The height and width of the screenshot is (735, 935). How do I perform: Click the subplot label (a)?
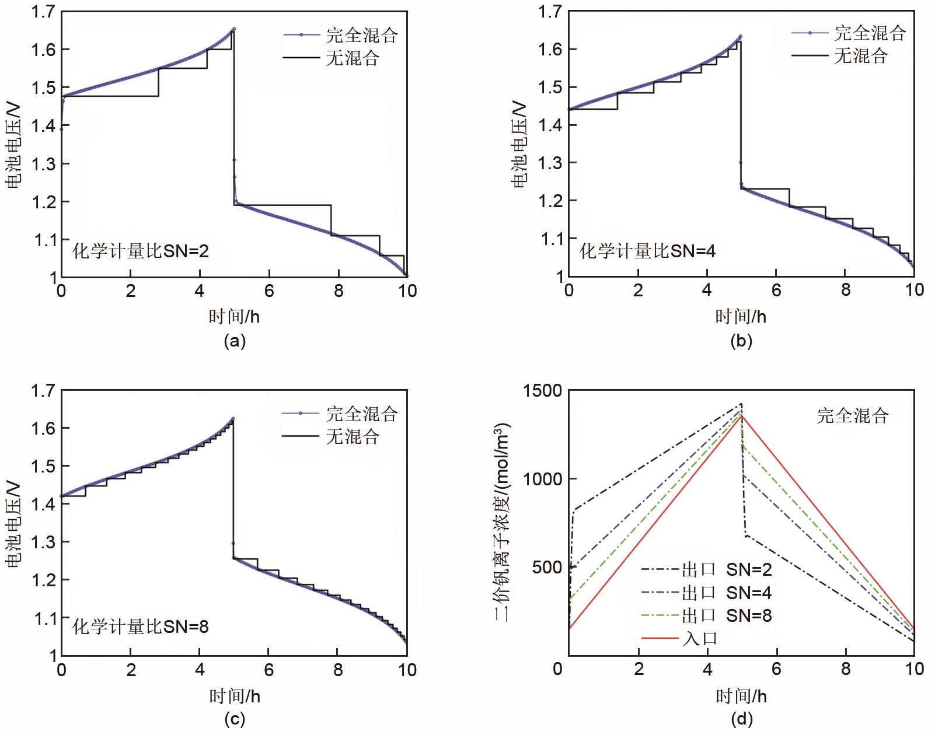pyautogui.click(x=235, y=341)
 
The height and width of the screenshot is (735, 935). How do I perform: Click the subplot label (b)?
pyautogui.click(x=741, y=341)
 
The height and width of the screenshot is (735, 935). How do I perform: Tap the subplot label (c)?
pyautogui.click(x=235, y=719)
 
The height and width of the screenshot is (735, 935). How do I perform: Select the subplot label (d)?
pyautogui.click(x=741, y=719)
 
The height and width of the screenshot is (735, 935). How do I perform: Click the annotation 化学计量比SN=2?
pyautogui.click(x=141, y=251)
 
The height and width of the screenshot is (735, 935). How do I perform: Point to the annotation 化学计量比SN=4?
pyautogui.click(x=648, y=251)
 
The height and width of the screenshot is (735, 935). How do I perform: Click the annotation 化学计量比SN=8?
pyautogui.click(x=141, y=627)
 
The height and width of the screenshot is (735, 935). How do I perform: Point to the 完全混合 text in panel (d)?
pyautogui.click(x=852, y=415)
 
